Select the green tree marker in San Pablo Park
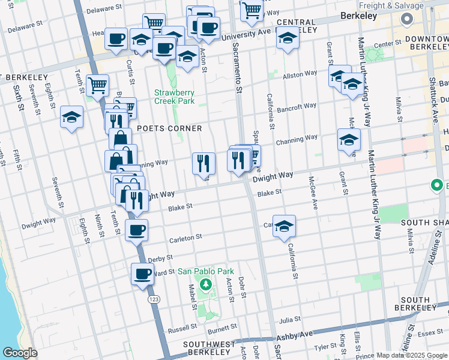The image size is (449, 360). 206,284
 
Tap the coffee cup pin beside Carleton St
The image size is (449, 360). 136,230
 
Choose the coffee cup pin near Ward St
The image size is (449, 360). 142,274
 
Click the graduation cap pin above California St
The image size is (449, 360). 285,225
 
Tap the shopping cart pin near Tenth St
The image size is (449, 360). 97,85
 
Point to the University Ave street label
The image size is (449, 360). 243,35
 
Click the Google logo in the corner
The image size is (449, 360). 19,353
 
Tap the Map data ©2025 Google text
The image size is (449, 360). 412,355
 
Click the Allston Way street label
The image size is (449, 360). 300,74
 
